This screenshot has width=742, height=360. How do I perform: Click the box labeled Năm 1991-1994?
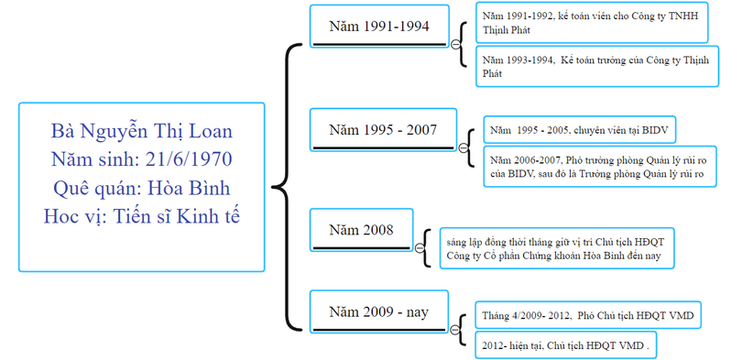(379, 27)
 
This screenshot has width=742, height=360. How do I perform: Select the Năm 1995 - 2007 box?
(383, 129)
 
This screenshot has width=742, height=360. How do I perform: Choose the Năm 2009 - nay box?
(379, 312)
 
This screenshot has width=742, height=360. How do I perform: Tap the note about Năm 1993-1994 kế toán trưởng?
(591, 65)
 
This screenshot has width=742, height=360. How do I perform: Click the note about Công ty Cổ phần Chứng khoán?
(555, 247)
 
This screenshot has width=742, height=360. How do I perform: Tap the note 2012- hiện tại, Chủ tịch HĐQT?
(567, 346)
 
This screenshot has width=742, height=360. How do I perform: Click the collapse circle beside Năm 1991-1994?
(455, 44)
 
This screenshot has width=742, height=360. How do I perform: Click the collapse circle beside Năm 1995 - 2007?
(464, 147)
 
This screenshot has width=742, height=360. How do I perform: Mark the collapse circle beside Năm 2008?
(420, 247)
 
